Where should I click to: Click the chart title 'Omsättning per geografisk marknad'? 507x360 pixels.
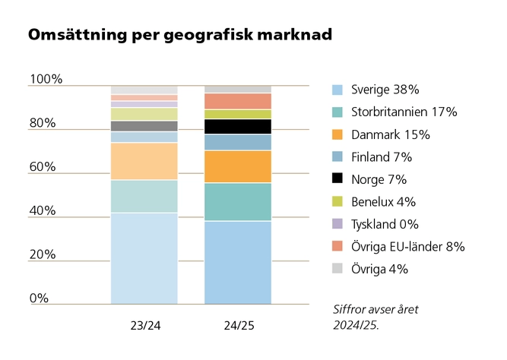(179, 35)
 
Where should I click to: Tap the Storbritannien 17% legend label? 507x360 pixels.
(404, 112)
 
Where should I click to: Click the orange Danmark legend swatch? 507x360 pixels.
(337, 134)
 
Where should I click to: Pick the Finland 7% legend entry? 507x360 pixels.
(382, 157)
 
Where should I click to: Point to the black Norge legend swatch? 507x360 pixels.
(337, 179)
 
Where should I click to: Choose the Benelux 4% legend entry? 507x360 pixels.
(385, 202)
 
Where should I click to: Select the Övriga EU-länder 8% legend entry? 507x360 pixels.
(407, 247)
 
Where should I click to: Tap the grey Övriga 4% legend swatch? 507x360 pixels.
(337, 269)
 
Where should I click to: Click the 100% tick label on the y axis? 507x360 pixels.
(46, 79)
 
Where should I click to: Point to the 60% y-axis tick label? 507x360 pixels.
(43, 167)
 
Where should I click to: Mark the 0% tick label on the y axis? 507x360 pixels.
(39, 298)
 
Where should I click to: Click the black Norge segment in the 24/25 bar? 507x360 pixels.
(238, 126)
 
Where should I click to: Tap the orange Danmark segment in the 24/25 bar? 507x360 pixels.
(238, 166)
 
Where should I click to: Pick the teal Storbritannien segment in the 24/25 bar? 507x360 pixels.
(238, 202)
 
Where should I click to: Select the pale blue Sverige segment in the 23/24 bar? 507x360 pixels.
(144, 258)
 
